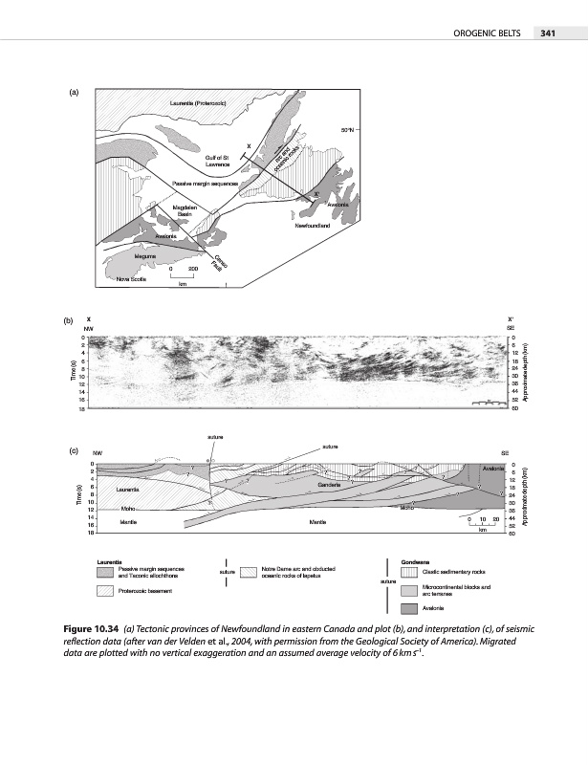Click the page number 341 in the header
[548, 34]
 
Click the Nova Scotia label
[131, 279]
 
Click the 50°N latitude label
[351, 130]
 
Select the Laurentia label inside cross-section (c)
[129, 489]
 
